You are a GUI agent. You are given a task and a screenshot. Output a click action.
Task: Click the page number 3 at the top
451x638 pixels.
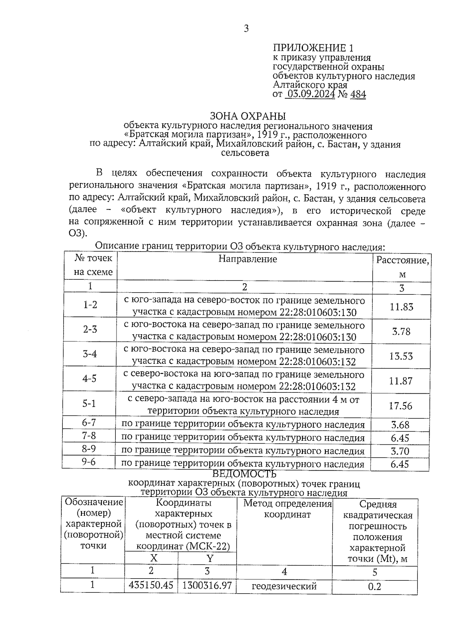pyautogui.click(x=246, y=29)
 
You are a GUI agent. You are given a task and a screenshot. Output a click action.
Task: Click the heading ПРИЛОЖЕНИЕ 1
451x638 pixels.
pyautogui.click(x=313, y=48)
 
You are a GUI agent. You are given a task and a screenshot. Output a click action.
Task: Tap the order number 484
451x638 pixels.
pyautogui.click(x=358, y=94)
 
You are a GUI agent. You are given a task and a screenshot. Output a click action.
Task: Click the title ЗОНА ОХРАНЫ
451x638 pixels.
pyautogui.click(x=248, y=116)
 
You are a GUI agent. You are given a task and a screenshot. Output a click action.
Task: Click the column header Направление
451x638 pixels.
pyautogui.click(x=248, y=259)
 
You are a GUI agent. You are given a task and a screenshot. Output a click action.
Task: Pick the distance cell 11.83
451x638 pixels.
pyautogui.click(x=401, y=307)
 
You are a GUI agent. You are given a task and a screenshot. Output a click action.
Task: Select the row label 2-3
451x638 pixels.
pyautogui.click(x=90, y=329)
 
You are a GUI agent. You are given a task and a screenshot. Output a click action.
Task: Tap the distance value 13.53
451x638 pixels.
pyautogui.click(x=401, y=356)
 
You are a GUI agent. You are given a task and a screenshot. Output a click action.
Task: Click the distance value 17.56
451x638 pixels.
pyautogui.click(x=401, y=406)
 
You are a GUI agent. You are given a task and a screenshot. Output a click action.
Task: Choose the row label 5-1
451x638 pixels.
pyautogui.click(x=89, y=404)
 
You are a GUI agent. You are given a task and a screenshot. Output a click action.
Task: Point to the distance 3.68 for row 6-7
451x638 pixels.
pyautogui.click(x=400, y=425)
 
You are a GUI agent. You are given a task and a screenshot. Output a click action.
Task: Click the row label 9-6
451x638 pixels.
pyautogui.click(x=89, y=462)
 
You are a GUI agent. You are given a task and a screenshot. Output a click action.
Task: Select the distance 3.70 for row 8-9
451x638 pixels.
pyautogui.click(x=400, y=451)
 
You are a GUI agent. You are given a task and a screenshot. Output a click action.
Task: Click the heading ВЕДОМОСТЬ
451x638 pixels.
pyautogui.click(x=244, y=474)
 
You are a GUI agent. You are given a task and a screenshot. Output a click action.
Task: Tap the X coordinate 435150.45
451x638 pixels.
pyautogui.click(x=151, y=585)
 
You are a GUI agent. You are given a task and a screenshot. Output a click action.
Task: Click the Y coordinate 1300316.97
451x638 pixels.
pyautogui.click(x=207, y=585)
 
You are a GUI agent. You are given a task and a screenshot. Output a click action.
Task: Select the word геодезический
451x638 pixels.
pyautogui.click(x=284, y=586)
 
